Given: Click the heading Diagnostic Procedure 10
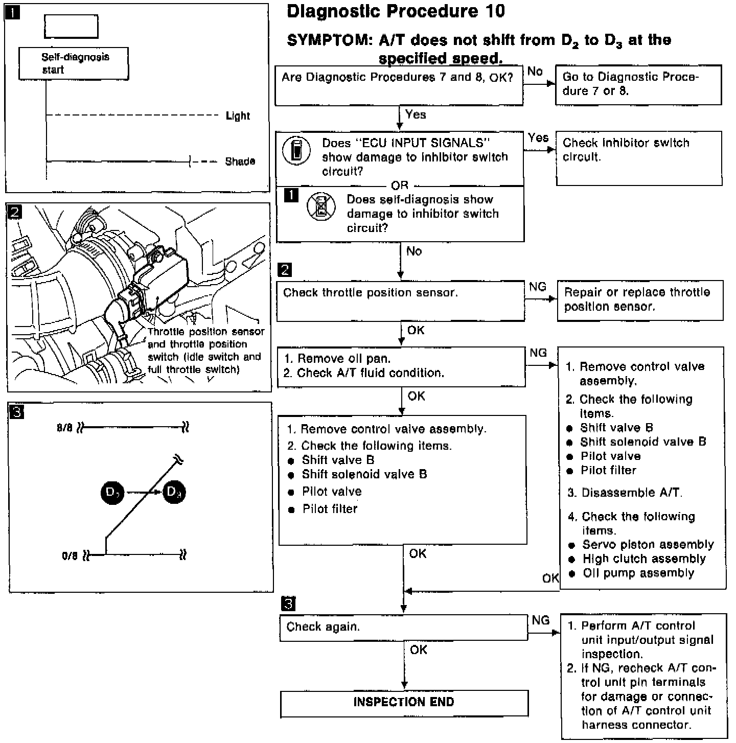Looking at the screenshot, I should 396,11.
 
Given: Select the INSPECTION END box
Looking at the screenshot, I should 404,703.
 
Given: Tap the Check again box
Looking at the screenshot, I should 403,628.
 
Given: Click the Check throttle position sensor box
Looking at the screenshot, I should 400,300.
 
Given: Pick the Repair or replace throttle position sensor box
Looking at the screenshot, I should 639,300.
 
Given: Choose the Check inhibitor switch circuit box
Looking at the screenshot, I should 638,157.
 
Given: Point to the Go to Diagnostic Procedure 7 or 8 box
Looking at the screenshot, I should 638,84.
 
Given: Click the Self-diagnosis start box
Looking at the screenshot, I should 73,63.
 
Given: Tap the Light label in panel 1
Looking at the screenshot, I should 238,116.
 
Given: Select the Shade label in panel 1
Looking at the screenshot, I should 240,161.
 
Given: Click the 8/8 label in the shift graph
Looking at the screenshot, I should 65,428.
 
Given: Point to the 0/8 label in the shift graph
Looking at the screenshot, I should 70,555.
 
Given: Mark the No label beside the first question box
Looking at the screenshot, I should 535,72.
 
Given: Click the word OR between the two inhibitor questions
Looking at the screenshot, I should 399,185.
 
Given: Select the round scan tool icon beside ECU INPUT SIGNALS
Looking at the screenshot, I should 296,151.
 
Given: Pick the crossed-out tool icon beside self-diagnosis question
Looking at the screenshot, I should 320,207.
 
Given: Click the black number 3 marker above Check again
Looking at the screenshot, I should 288,604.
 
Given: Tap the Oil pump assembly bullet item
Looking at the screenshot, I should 638,573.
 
